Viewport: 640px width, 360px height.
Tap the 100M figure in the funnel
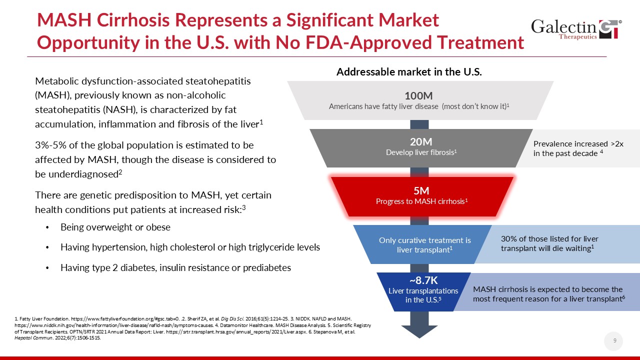pos(418,96)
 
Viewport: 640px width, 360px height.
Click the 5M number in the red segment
pos(421,191)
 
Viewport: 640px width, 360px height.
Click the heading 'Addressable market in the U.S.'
pos(409,72)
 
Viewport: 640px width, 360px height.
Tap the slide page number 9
pos(614,340)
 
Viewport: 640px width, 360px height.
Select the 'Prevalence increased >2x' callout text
pos(578,143)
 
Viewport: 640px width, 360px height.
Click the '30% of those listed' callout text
pos(549,239)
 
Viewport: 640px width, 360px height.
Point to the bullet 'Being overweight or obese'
pos(115,227)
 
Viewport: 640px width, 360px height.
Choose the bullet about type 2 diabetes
pos(175,268)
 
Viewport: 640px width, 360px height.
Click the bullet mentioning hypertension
pos(190,247)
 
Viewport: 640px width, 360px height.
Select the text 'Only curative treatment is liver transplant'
pos(425,245)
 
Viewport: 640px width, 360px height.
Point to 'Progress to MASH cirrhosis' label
pos(421,201)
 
